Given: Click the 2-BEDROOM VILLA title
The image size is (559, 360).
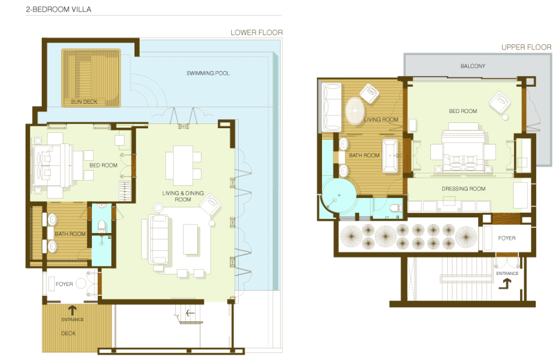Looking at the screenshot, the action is click(58, 9).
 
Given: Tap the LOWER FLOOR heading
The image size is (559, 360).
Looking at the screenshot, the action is click(257, 33).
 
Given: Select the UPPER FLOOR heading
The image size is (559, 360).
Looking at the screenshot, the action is click(526, 47).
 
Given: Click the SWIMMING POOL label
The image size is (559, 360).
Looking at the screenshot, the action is click(208, 73).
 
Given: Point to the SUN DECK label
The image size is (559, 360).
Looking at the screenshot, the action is click(84, 102).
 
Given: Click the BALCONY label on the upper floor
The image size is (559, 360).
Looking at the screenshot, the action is click(473, 66).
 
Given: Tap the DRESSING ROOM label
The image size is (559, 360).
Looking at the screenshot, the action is click(464, 189).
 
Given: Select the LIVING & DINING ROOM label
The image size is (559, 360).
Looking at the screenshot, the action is click(183, 196).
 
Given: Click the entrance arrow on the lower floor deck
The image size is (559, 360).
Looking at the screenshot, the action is click(72, 310).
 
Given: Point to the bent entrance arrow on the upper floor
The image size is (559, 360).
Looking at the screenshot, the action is click(505, 284).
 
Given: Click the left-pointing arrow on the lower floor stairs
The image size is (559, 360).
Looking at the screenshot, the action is click(190, 313).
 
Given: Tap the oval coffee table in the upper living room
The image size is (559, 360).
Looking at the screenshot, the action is click(355, 111).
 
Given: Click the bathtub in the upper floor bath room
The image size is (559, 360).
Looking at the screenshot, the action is click(390, 156).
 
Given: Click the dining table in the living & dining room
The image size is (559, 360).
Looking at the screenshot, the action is click(183, 165).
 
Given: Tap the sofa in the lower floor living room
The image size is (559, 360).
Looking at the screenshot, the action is click(158, 239).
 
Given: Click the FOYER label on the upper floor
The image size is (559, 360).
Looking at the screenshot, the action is click(507, 238).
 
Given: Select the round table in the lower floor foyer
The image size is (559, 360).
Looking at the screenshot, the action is click(81, 283).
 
